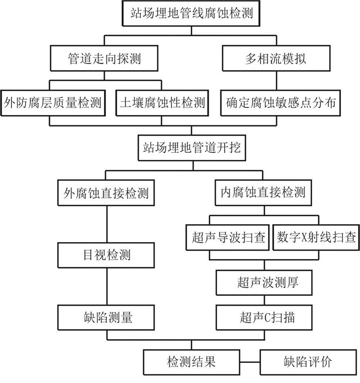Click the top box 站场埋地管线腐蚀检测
tap(191, 13)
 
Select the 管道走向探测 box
tap(104, 59)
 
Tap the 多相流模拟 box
tap(276, 59)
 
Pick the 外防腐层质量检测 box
tap(53, 103)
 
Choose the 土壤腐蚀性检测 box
tap(162, 103)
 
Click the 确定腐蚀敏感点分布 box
tap(281, 103)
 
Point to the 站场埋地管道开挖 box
tap(192, 148)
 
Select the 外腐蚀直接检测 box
tap(106, 193)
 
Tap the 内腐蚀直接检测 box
tap(263, 193)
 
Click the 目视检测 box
tap(106, 255)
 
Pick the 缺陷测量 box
tap(106, 317)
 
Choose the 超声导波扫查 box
tap(227, 238)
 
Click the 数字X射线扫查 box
tap(316, 238)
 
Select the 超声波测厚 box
tap(264, 283)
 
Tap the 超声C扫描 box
tap(264, 317)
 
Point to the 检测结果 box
tap(191, 362)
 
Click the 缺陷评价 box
tap(308, 362)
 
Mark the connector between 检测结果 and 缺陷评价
tap(250, 362)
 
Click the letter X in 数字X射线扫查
tap(304, 237)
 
